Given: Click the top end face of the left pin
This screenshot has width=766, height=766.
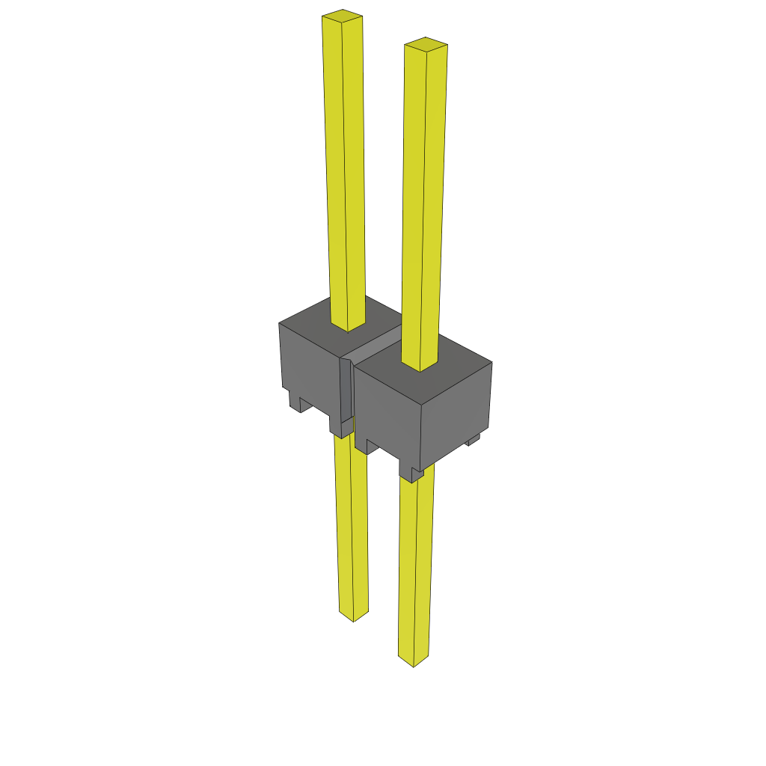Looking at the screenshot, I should click(x=342, y=14).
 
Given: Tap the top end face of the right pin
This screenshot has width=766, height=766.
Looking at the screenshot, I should click(x=426, y=43).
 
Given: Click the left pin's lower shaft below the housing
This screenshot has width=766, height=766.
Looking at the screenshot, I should click(x=352, y=524).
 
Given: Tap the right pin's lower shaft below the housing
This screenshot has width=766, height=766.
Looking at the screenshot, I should click(x=415, y=569).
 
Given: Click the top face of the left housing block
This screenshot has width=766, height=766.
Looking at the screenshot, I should click(x=314, y=318).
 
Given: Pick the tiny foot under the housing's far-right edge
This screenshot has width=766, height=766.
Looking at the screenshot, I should click(x=473, y=441).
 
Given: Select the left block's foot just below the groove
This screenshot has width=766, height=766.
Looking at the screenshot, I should click(x=340, y=428).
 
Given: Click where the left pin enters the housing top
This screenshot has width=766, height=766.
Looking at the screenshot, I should click(x=348, y=328).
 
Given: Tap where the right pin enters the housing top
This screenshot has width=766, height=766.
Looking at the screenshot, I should click(x=420, y=367).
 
